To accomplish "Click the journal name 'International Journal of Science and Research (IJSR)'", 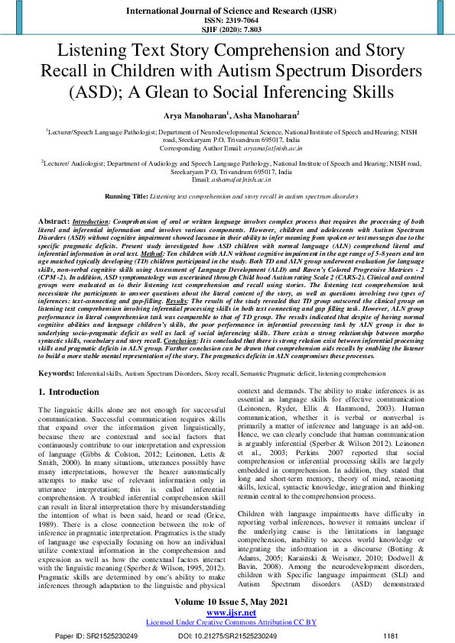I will coord(227,11).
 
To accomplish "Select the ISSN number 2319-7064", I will coord(227,21).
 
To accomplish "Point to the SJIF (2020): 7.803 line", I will coord(227,30).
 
